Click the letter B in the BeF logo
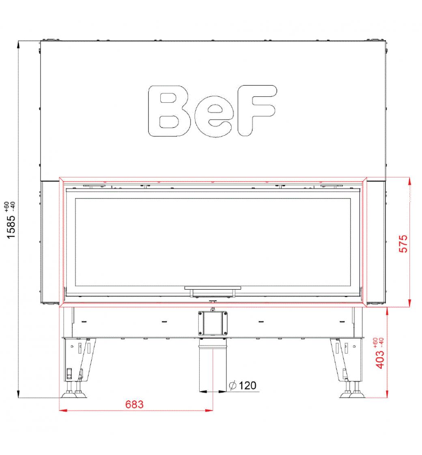(169, 111)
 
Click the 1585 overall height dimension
(11, 227)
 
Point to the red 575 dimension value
(403, 243)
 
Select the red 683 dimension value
(134, 404)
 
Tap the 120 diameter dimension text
(248, 386)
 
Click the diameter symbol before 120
(233, 386)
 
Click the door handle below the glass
(213, 291)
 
